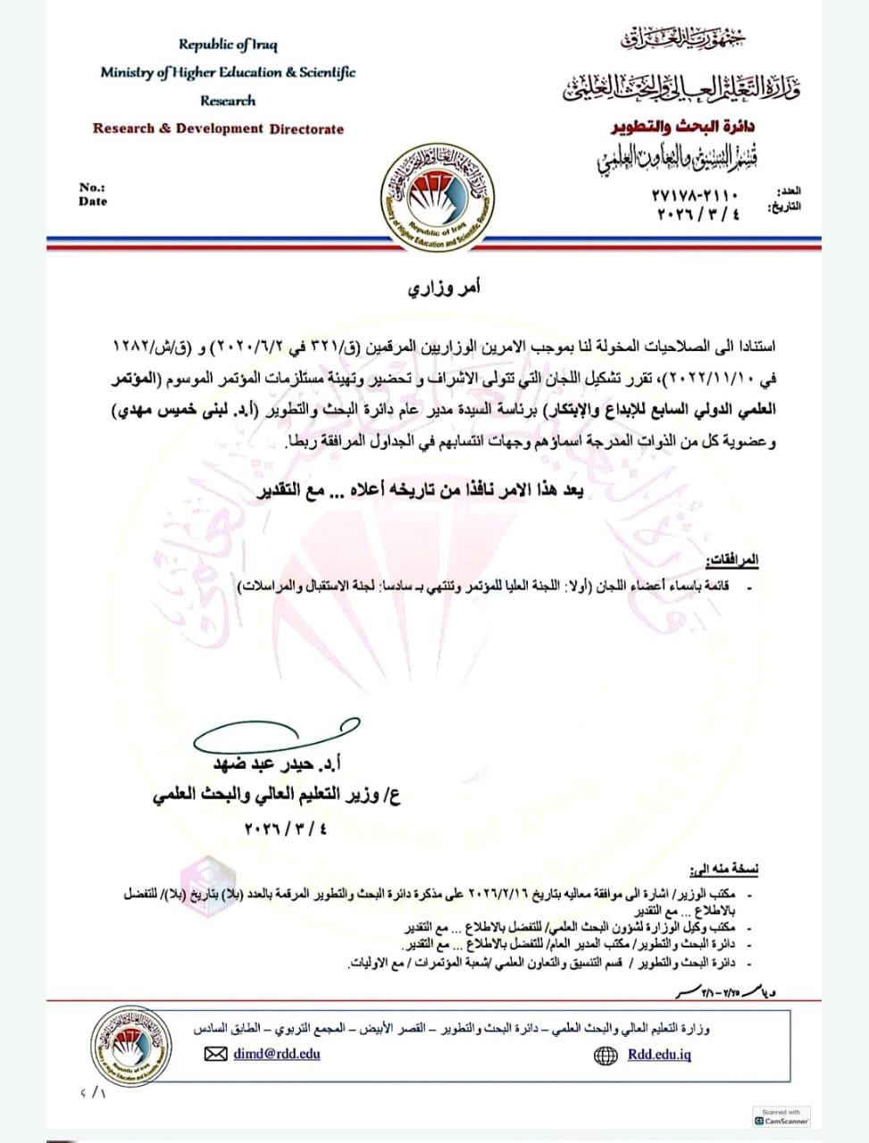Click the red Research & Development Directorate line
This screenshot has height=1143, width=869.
coord(218,129)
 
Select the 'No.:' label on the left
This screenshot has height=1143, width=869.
coord(91,188)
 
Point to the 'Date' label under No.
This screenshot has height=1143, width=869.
coord(92,202)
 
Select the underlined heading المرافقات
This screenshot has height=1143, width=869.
coord(731,560)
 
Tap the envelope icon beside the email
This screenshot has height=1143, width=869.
coord(215,1055)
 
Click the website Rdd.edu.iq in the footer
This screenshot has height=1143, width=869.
coord(659,1055)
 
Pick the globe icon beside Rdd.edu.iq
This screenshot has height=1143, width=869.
coord(605,1055)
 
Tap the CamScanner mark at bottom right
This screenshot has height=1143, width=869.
coord(781,1117)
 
